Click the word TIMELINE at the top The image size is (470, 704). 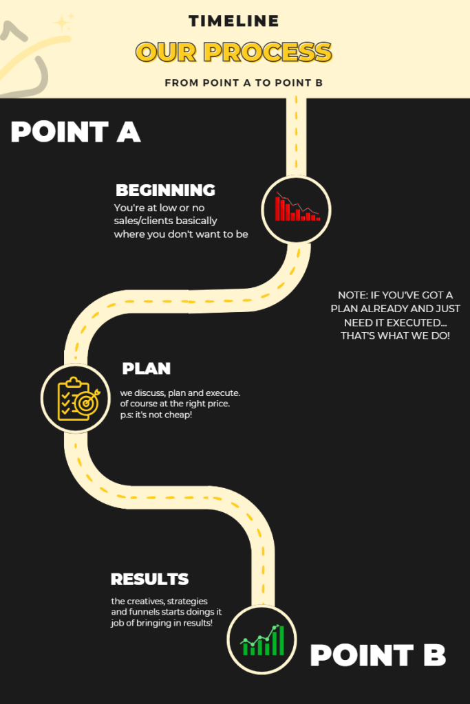coord(234,21)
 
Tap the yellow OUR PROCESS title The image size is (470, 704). coord(234,52)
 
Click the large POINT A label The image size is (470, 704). coord(76,132)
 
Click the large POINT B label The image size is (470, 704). coord(378,655)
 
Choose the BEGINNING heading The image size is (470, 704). coord(165,190)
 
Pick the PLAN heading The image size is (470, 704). coord(146,368)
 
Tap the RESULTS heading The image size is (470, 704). coord(149,580)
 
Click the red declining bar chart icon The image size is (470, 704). coord(297,208)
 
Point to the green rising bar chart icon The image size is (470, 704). coord(261,640)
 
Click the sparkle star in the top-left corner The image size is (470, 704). coord(63,22)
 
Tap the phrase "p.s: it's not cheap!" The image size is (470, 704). coord(156,415)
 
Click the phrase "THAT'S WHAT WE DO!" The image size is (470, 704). coord(395,335)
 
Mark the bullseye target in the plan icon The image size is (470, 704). coord(86,404)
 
